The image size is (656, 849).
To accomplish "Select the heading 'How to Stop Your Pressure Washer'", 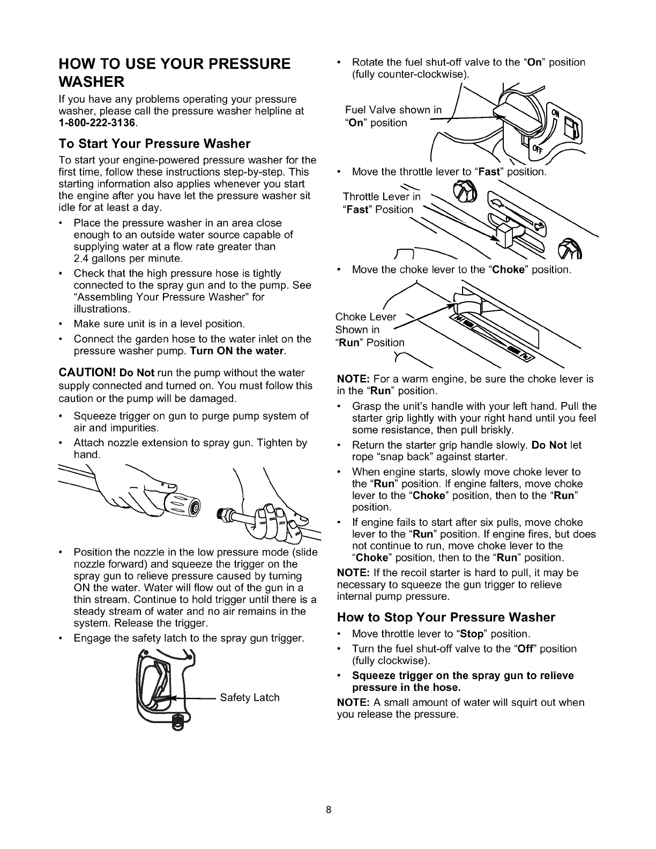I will pos(446,617).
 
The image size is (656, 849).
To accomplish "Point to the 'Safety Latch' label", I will pos(250,697).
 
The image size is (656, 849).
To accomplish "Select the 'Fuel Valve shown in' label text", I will pos(393,110).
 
